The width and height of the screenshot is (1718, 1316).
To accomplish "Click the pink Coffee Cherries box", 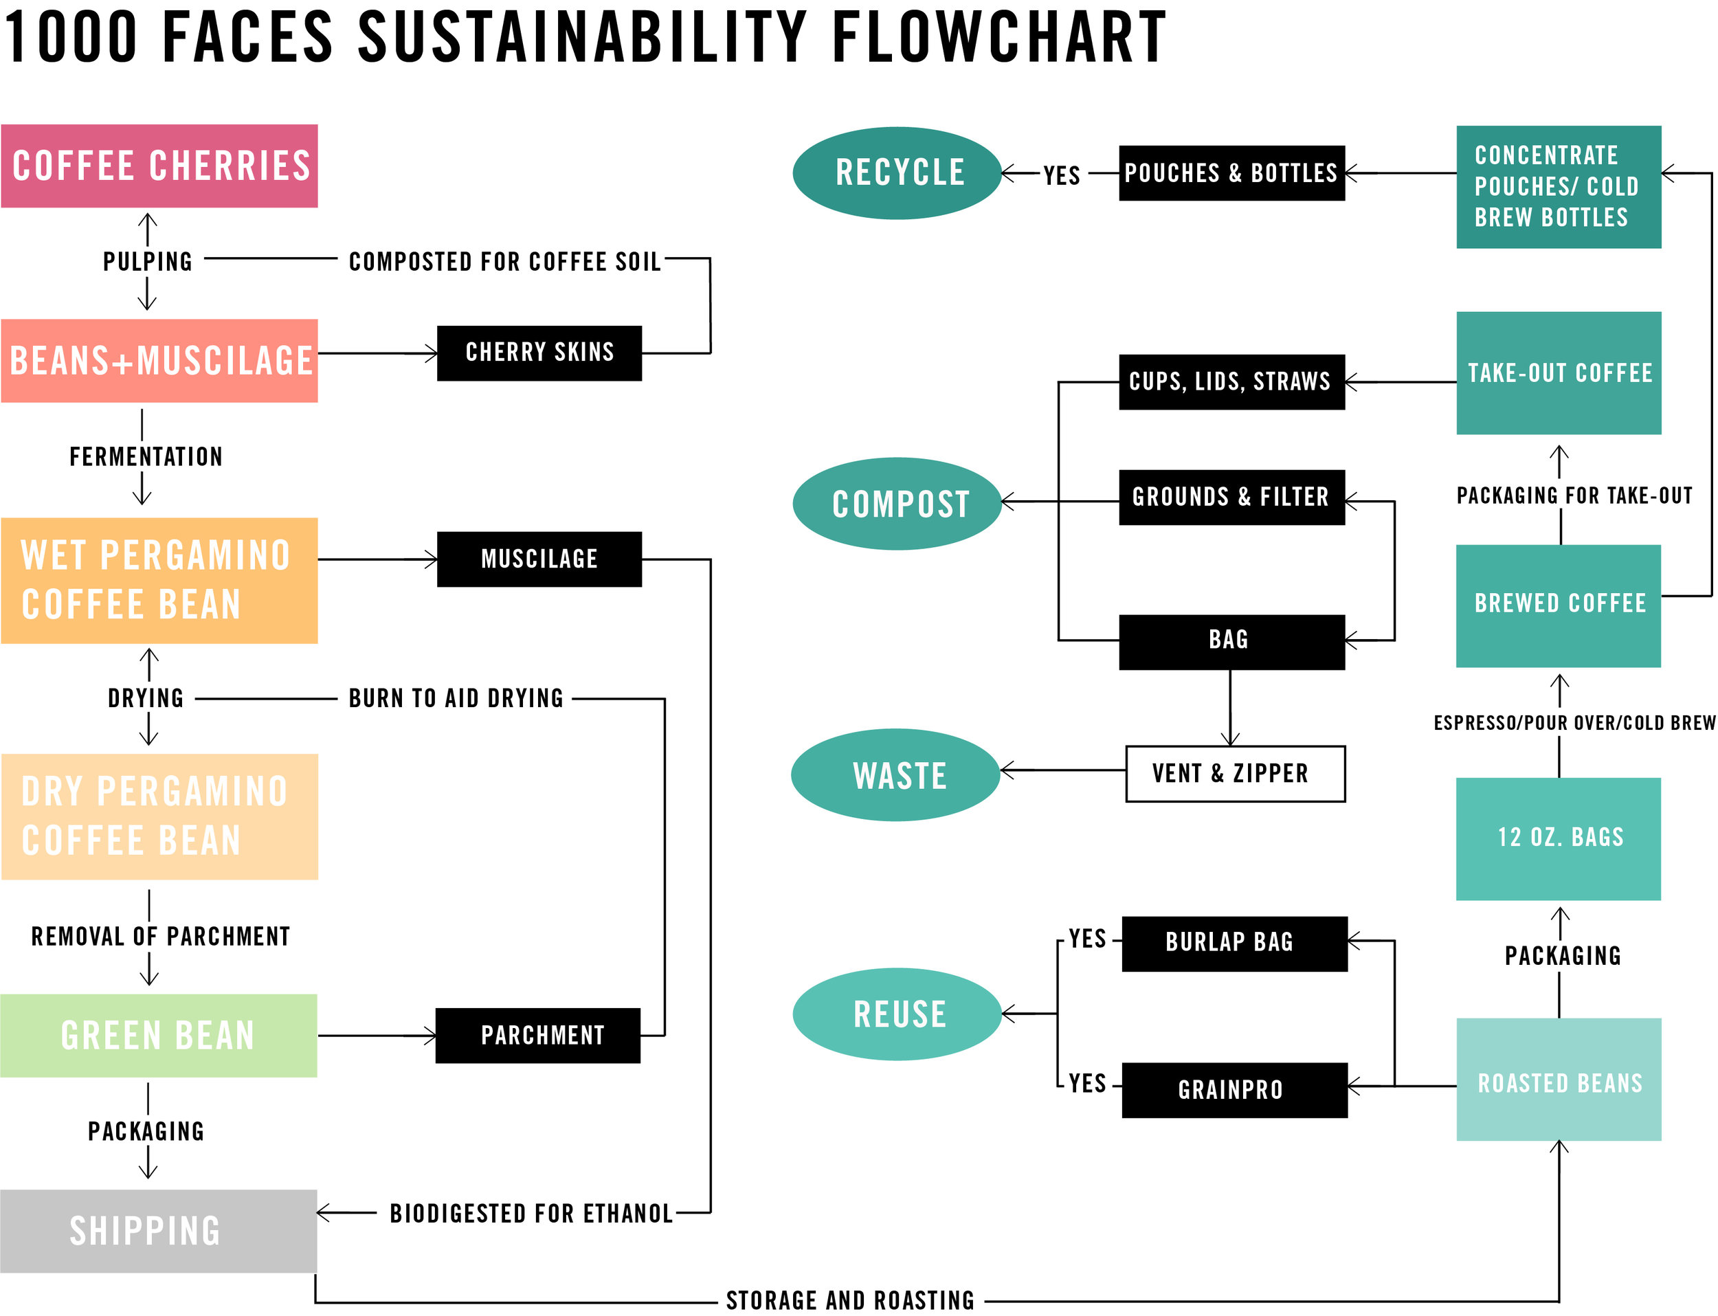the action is tap(159, 166).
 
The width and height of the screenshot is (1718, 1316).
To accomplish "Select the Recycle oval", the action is tap(897, 173).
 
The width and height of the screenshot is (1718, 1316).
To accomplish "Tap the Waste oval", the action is tap(895, 774).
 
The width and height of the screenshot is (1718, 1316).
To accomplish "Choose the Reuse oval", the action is tap(897, 1014).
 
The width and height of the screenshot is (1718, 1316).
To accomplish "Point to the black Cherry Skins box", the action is tap(539, 353).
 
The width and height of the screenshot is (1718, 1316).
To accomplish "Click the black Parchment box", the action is tap(537, 1036).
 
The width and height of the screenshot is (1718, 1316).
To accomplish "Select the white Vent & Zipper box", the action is tap(1236, 774).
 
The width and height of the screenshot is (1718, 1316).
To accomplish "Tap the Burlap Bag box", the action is tap(1235, 944).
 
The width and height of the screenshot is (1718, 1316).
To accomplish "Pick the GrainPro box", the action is tap(1235, 1090).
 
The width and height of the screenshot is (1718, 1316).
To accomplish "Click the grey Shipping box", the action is tap(159, 1231).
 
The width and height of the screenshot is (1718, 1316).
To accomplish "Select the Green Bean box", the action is tap(159, 1036).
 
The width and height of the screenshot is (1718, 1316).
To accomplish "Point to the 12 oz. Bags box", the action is tap(1558, 839).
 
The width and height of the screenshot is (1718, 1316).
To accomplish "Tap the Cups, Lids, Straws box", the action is tap(1231, 382).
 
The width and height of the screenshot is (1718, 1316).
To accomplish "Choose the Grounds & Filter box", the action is tap(1231, 498).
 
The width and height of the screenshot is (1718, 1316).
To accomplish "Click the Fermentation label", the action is tap(146, 457).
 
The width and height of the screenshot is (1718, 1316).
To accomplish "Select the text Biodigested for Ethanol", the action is tap(531, 1214).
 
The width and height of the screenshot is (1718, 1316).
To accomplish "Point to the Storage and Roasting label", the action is tap(850, 1300).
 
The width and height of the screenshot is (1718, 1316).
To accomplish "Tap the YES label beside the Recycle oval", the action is tap(1062, 175).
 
